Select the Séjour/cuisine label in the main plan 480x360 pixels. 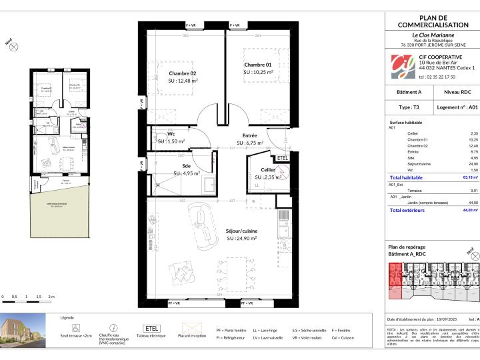click(x=241, y=231)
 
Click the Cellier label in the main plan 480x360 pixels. click(x=268, y=169)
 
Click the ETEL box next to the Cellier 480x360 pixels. click(x=282, y=157)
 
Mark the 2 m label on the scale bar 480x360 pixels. click(x=50, y=296)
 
